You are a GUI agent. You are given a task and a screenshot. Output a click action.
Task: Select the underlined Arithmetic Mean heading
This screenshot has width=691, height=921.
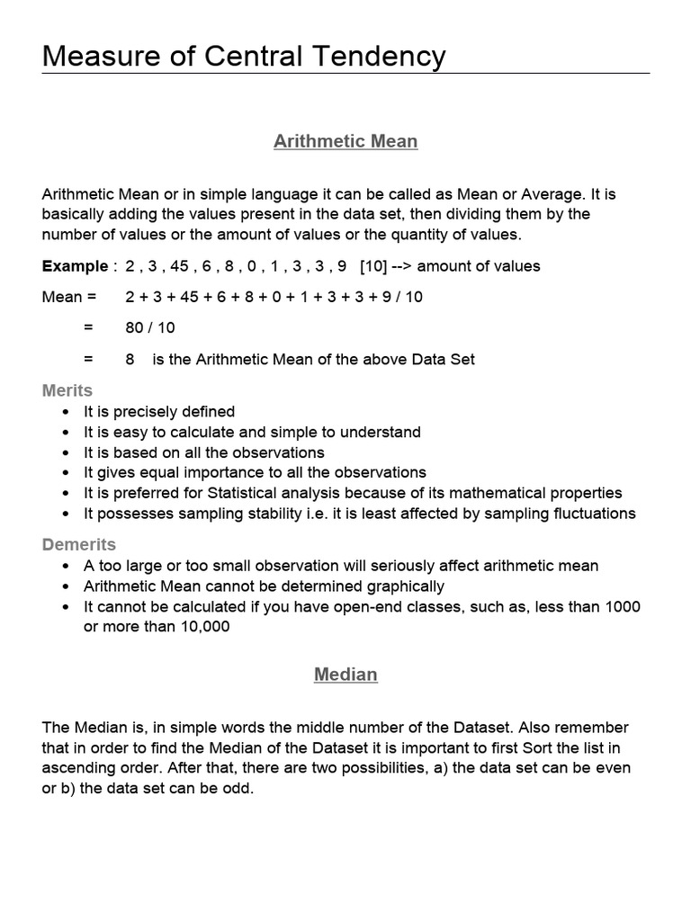pos(345,141)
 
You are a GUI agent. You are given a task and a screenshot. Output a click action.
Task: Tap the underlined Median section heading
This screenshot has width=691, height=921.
pos(345,675)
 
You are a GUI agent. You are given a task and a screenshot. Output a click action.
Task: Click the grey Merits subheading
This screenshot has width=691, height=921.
pos(67,390)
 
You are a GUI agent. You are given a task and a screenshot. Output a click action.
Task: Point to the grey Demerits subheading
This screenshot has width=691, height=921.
pos(79,544)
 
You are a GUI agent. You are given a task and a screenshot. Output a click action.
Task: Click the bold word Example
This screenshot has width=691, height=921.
pos(75,266)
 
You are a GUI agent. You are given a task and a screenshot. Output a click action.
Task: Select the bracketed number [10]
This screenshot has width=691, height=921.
pos(373,266)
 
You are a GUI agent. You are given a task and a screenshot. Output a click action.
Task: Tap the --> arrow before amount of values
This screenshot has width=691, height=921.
pos(403,266)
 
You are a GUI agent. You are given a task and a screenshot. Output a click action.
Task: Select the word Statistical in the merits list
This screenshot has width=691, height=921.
pos(248,493)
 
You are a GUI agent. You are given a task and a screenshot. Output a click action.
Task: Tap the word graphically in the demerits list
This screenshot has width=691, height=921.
pos(403,586)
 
